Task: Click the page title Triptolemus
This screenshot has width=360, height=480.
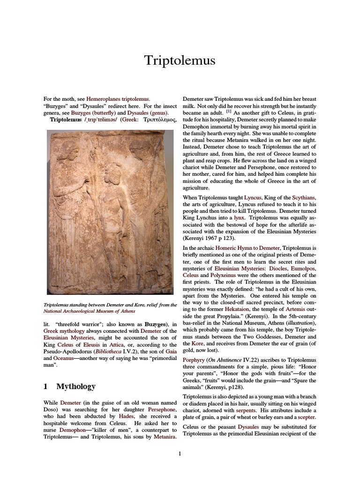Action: point(180,60)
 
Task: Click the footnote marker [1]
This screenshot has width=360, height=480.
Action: point(228,112)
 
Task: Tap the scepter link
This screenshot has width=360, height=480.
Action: point(305,417)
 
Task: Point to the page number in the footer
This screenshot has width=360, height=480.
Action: point(180,453)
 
